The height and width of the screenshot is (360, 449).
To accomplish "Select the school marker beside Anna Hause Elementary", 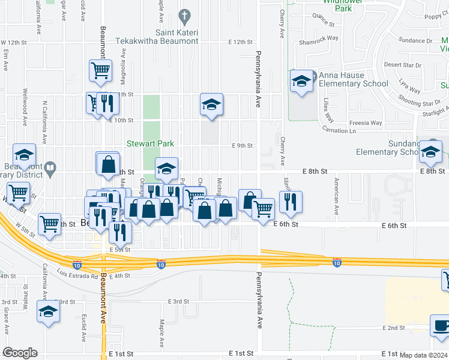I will coord(301,82).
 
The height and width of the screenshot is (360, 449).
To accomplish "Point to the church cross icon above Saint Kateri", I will coord(185,15).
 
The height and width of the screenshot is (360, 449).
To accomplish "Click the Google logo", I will coord(20,353).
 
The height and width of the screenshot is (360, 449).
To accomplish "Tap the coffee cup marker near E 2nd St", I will coord(441,326).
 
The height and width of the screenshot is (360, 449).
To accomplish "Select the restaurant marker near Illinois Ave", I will coord(291,202).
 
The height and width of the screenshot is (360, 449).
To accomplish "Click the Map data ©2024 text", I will coord(423,355).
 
